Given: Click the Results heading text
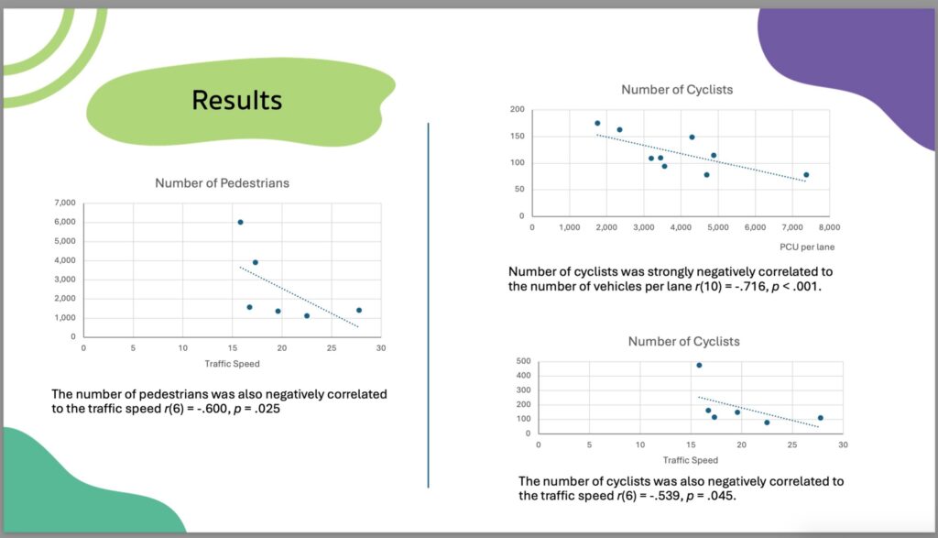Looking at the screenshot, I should (x=236, y=99).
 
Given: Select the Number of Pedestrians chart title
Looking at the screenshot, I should (x=222, y=182).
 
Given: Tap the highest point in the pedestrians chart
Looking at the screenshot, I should (x=240, y=222).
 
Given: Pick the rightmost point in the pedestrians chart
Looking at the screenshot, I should (x=359, y=310).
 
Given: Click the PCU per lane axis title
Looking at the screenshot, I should (x=802, y=247).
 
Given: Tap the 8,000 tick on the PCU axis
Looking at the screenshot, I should (x=830, y=226).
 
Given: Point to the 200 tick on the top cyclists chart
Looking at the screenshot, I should (x=517, y=110).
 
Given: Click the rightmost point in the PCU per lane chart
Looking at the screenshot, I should (x=806, y=175).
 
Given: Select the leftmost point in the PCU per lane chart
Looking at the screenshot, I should (x=597, y=123).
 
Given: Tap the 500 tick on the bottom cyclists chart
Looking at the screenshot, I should (x=522, y=361).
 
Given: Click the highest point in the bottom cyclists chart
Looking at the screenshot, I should (x=699, y=365).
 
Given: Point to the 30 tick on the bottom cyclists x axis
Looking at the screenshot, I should (x=844, y=445).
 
